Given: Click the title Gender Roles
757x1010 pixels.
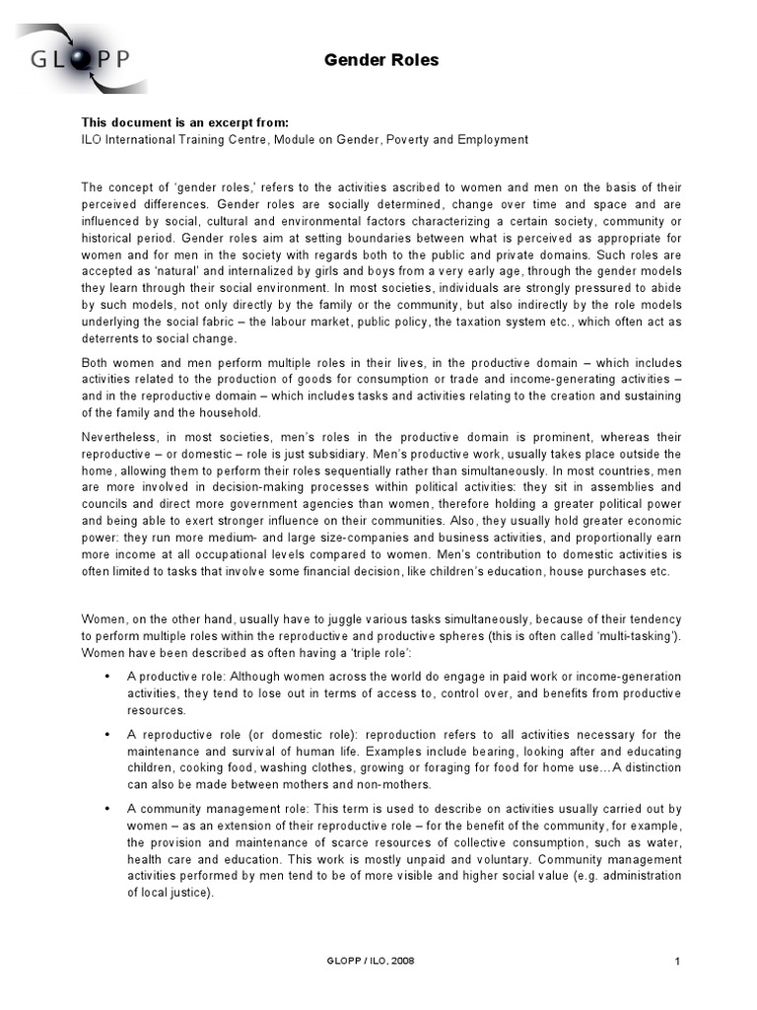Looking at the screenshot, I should tap(381, 61).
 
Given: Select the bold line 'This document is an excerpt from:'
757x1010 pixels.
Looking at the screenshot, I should tap(184, 122).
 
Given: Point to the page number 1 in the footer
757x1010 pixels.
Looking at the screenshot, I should tap(678, 961).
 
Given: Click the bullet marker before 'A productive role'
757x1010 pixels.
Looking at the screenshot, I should tap(106, 676).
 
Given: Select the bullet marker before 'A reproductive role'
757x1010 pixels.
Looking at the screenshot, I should tap(106, 735).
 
